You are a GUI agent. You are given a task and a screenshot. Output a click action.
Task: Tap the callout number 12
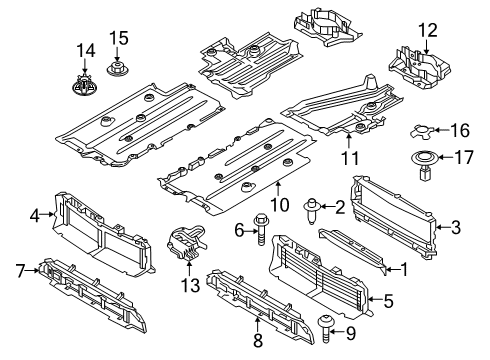[x=428, y=30]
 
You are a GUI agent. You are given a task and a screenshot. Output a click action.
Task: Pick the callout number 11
[x=349, y=158]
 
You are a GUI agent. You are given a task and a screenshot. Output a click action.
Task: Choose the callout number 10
[x=277, y=205]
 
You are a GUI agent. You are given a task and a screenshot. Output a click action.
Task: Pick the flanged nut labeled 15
[x=118, y=68]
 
